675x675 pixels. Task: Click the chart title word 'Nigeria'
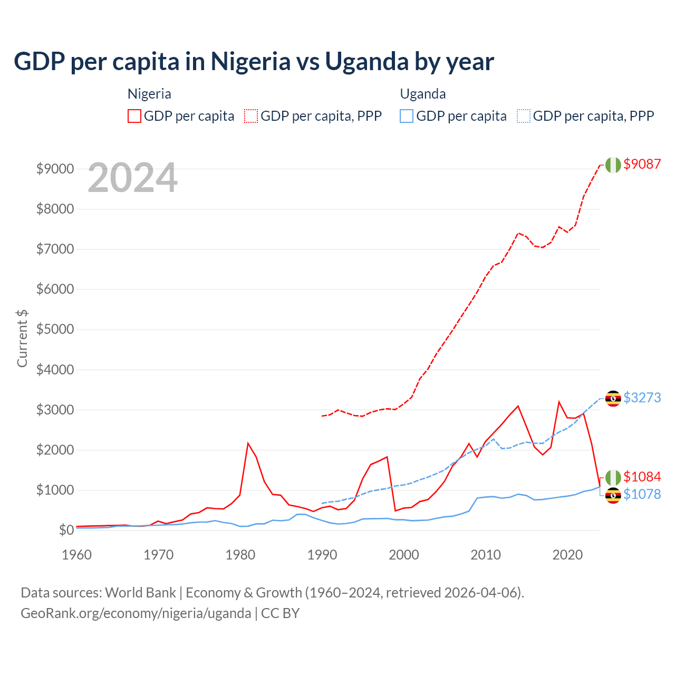250,62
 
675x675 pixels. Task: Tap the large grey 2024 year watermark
132,178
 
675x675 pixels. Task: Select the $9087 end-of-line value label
642,164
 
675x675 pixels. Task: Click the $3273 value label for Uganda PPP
642,398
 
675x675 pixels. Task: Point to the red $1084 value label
642,477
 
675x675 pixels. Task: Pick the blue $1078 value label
642,494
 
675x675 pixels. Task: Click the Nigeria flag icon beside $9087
613,165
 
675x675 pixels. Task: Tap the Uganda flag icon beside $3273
613,399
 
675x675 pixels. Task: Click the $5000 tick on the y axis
55,330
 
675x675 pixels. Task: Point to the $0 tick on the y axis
66,530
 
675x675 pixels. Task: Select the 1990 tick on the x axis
322,555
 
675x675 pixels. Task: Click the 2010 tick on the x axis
486,555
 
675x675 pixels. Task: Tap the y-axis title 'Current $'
22,338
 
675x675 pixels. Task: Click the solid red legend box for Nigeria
134,116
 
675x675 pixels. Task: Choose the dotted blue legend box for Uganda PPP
524,116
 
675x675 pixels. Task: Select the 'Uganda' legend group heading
423,94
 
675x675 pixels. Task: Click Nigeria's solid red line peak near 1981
248,443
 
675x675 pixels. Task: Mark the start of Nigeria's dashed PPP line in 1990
322,416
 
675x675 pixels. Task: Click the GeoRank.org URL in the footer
136,613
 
